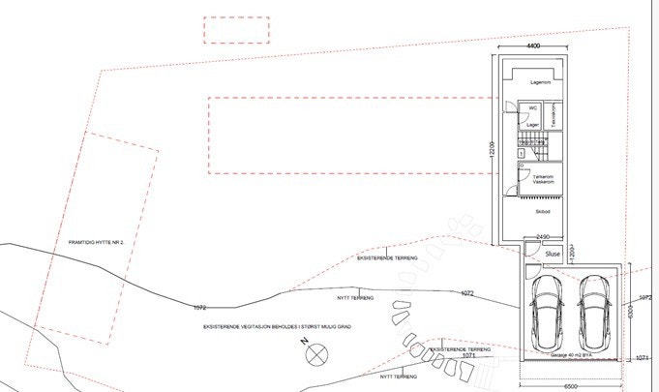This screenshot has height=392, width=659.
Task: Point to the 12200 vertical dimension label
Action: [x=491, y=149]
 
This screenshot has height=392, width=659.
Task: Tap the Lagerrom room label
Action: [x=540, y=83]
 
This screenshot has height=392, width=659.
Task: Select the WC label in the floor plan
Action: [x=531, y=108]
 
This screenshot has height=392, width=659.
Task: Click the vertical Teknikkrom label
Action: [x=554, y=118]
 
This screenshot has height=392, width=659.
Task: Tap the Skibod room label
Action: [x=542, y=210]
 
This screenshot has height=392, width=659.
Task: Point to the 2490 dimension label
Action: [x=544, y=236]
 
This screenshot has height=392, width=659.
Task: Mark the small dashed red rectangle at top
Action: [x=236, y=30]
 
